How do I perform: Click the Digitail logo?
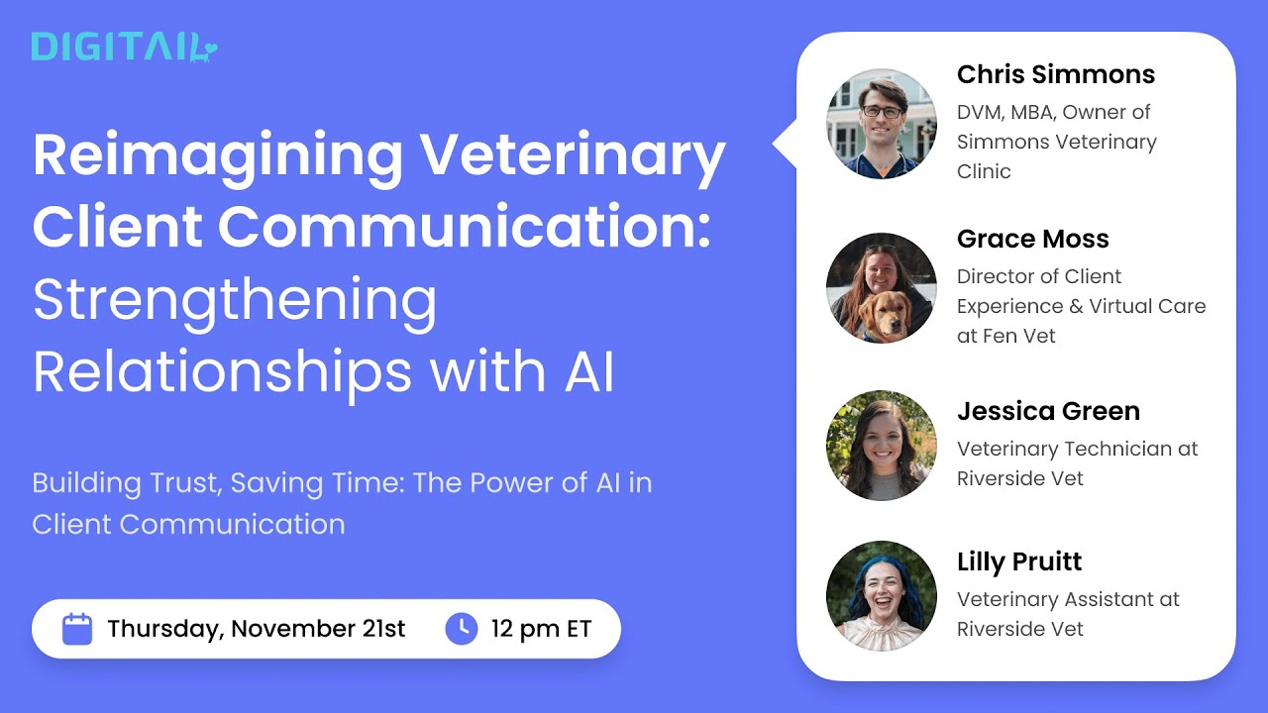click(x=124, y=47)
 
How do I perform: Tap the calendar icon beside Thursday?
click(x=77, y=629)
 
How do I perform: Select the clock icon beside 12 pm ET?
click(x=462, y=629)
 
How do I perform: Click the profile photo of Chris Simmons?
click(x=881, y=124)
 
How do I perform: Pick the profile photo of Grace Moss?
click(x=881, y=288)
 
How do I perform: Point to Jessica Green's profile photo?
click(x=881, y=445)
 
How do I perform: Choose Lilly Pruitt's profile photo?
click(x=881, y=595)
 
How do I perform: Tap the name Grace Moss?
click(x=1032, y=240)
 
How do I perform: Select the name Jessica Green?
click(x=1048, y=412)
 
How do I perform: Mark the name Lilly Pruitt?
click(x=1018, y=562)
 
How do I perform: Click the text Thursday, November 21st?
click(x=256, y=629)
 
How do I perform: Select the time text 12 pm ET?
click(x=541, y=629)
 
